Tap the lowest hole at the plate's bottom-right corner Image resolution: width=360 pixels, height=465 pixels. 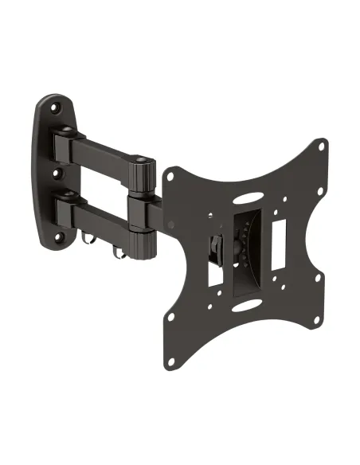[323, 321]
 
